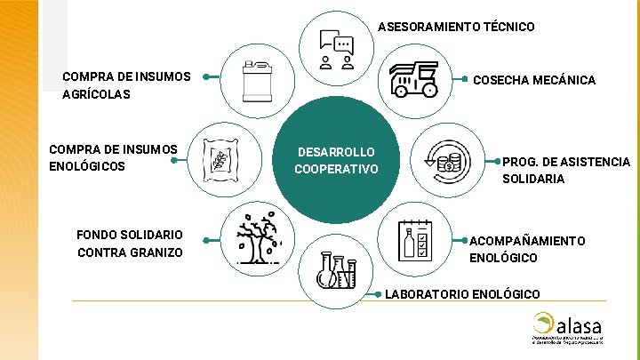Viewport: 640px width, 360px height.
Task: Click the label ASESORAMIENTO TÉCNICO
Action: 456,27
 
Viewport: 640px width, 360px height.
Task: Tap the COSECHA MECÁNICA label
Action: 533,80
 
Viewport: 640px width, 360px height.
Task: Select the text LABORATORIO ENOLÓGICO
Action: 461,293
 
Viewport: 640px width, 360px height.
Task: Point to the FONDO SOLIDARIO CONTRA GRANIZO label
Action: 130,244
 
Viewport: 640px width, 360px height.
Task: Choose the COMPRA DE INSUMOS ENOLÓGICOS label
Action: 113,157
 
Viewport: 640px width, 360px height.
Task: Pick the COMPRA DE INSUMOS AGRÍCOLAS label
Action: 126,84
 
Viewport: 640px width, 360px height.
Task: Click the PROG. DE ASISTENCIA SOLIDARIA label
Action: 566,170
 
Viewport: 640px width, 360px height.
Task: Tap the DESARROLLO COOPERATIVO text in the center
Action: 336,161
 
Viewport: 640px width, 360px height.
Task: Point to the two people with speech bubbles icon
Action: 336,51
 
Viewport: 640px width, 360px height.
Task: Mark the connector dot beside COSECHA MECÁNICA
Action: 465,78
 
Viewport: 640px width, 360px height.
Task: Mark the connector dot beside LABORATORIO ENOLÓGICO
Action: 380,292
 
